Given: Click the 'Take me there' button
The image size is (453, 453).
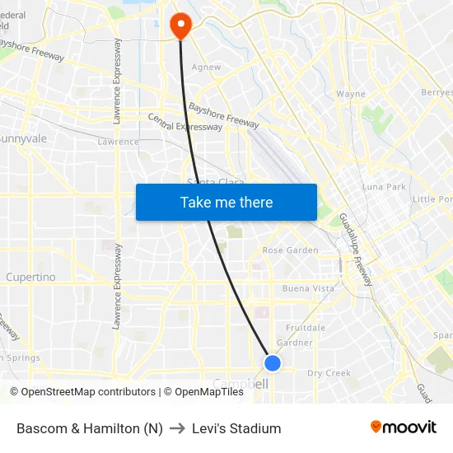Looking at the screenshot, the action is (x=226, y=202).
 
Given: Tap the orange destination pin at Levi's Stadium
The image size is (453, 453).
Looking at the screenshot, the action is (x=180, y=26).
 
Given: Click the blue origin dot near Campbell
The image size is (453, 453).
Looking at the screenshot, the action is (x=273, y=362).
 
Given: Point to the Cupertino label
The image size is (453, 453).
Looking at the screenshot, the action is (x=30, y=278).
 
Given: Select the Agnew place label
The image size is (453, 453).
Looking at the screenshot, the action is (x=205, y=68).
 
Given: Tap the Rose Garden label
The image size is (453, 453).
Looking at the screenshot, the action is (x=290, y=250).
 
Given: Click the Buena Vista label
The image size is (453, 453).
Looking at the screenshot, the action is (x=308, y=289).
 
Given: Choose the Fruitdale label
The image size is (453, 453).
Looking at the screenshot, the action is (x=305, y=328).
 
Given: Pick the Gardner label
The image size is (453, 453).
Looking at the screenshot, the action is (x=295, y=343).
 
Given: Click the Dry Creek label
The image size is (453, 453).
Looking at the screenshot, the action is (x=329, y=373).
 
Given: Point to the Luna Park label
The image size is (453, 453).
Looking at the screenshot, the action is (x=384, y=187).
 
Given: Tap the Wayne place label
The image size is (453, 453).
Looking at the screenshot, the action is (x=351, y=94).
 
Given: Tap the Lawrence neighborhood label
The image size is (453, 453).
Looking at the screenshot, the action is (x=118, y=142).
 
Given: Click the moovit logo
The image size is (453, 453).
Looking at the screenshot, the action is (x=404, y=427).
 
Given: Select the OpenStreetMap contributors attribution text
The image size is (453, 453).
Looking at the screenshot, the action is (x=88, y=392).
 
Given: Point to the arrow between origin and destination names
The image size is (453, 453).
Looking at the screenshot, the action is (x=177, y=428).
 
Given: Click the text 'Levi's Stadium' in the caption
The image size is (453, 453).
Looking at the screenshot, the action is (x=236, y=428).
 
